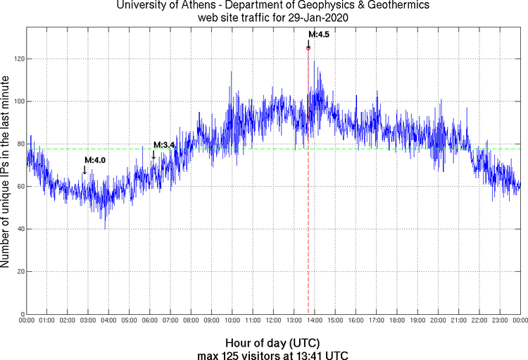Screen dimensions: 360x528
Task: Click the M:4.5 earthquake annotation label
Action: pos(318,34)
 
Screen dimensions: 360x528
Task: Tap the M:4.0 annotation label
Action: pos(95,161)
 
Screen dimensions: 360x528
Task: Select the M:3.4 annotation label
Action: pos(163,145)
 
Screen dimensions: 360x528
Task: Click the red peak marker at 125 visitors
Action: pos(308,48)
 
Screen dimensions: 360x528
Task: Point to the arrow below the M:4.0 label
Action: pos(84,170)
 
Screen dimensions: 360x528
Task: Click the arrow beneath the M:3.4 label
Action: pos(153,154)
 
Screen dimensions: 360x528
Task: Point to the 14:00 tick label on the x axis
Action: pos(314,321)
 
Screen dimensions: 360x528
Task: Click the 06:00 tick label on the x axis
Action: pos(149,321)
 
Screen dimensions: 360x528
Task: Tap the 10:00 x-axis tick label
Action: pos(232,321)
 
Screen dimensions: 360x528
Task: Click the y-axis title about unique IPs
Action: pos(6,172)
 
